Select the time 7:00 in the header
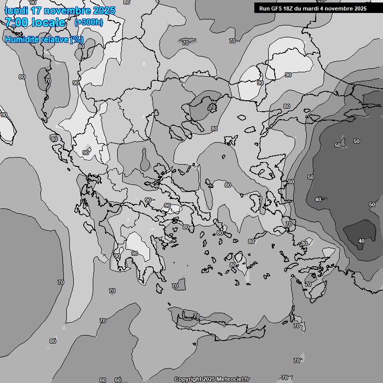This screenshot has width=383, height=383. [16, 22]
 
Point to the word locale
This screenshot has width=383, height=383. [48, 22]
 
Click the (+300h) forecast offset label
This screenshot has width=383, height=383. [89, 22]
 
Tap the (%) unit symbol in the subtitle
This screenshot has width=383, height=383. [76, 39]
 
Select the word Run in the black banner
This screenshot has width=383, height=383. [264, 8]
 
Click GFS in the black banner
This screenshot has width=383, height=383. [276, 8]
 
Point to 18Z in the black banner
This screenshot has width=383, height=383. [289, 8]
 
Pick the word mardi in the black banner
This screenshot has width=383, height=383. [313, 8]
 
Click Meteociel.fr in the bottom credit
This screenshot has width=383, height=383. [233, 380]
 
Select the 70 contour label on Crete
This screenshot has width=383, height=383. [196, 317]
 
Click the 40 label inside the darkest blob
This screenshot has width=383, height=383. [362, 241]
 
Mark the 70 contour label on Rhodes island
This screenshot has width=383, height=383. [308, 285]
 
